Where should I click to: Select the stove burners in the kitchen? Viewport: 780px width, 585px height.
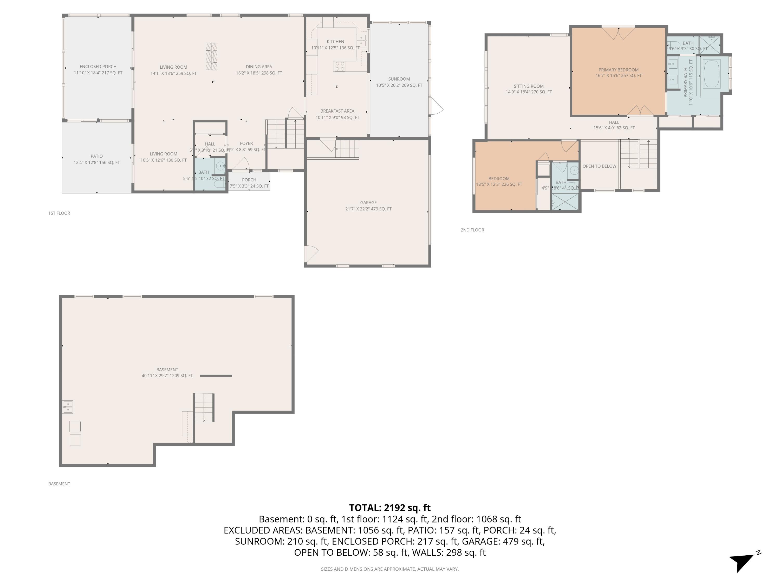pos(340,66)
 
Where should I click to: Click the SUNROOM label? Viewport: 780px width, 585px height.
pos(399,79)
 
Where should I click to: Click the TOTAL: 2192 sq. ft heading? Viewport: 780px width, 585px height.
pos(390,508)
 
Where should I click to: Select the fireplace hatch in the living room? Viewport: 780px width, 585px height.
pos(212,56)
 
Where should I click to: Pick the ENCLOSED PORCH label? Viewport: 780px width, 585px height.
pos(98,67)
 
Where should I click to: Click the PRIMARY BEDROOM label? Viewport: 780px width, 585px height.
pos(619,70)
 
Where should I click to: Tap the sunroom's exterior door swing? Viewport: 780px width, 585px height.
pos(436,106)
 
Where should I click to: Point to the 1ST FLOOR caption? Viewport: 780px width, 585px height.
pos(59,213)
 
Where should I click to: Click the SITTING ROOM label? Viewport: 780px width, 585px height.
pos(529,86)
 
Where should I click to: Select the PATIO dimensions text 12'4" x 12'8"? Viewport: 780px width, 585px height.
pos(97,162)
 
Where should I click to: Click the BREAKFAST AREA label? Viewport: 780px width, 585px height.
pos(337,111)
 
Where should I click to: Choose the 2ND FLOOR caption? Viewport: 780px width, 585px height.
pos(472,230)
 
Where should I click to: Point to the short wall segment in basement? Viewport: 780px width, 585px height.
pos(216,375)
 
